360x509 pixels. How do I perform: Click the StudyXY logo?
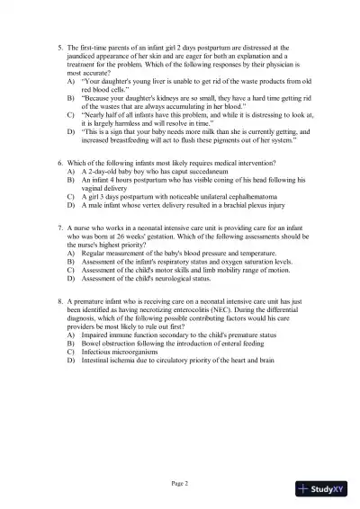coord(326,489)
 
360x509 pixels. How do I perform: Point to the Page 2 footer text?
coord(180,484)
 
